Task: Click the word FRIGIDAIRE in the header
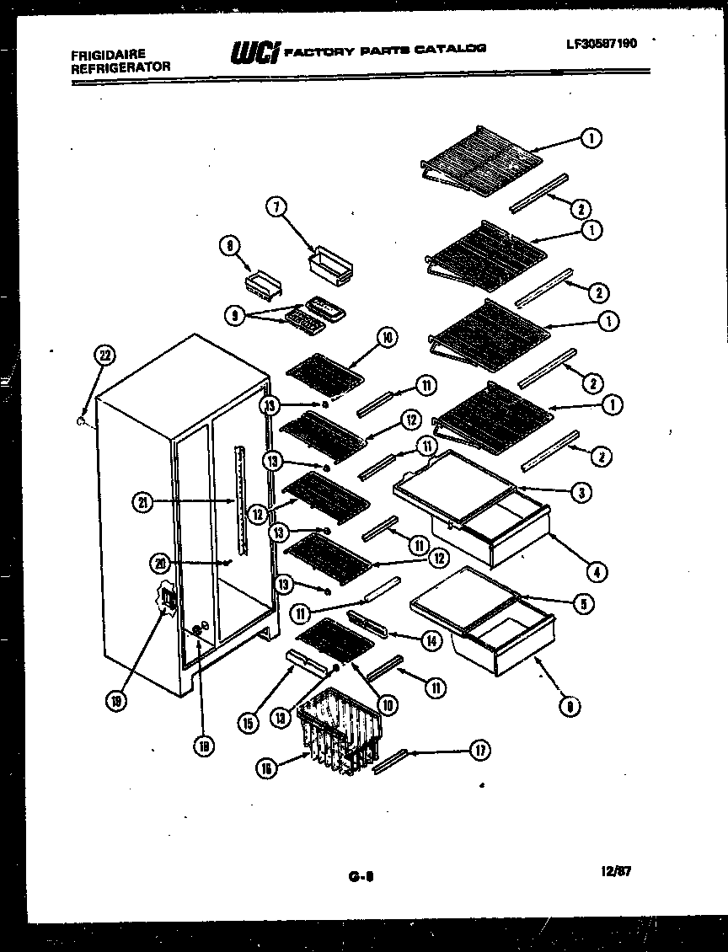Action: pos(109,55)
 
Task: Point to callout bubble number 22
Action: pos(105,356)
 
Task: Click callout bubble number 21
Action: pos(144,503)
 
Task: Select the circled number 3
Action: pos(580,493)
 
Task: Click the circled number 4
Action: pos(596,573)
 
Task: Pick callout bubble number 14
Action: pos(431,640)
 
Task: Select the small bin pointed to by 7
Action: pos(332,269)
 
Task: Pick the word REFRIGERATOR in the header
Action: pos(121,67)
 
